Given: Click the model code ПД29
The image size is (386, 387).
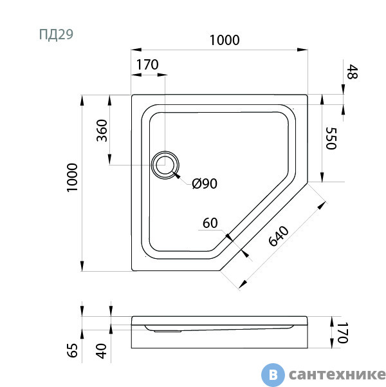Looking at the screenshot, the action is tap(56, 35).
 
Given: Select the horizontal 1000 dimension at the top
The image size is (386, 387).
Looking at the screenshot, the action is tap(225, 40).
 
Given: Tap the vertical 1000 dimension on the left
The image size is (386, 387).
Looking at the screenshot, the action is tap(73, 177).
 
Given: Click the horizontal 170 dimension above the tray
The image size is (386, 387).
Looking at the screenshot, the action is tap(147, 64).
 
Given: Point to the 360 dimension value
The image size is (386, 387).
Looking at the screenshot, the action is tap(102, 131).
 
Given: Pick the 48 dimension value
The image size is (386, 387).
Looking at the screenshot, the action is tap(352, 72).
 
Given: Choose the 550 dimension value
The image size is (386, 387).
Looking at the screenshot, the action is tap(331, 138).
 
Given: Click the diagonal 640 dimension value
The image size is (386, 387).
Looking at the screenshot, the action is tap(279, 236).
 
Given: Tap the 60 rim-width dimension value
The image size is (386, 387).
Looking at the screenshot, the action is tap(210, 223).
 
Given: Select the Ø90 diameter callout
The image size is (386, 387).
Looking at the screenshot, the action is tap(205, 184).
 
